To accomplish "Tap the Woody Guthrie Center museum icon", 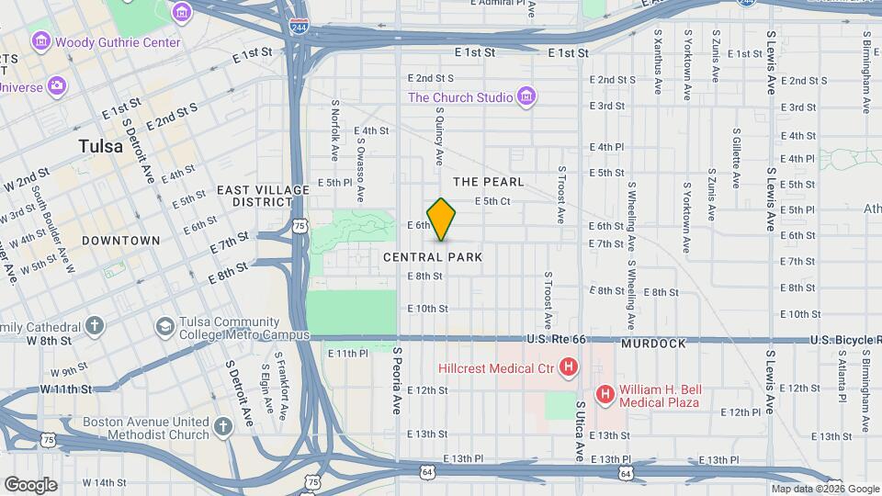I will coord(40,42).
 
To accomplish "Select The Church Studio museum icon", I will coord(526,97).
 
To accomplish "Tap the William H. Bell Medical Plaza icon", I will coord(605,395).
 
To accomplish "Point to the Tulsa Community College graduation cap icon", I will coord(164,327).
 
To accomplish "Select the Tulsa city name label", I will coord(100,147).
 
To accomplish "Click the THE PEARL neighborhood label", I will coord(488,182).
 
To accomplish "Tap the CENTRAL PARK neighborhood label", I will coord(432,258).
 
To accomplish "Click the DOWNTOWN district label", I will coord(120,241).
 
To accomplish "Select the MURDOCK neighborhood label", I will coord(653,344).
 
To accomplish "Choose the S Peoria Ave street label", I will coord(398,380).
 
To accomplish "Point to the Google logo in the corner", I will coord(30,484).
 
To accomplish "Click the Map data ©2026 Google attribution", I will coord(824,489).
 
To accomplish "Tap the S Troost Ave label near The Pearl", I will coord(561,195).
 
